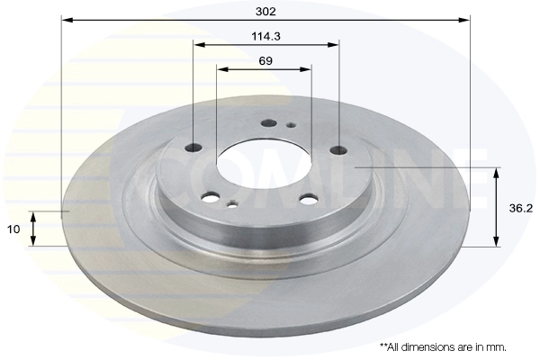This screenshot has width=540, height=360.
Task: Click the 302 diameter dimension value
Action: (265, 11)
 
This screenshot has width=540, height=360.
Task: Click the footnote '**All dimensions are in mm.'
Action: (442, 346)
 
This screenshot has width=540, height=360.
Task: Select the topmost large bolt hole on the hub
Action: (267, 123)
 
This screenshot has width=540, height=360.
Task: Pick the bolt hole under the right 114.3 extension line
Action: (338, 149)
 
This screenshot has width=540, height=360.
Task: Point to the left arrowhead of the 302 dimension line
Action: (66, 19)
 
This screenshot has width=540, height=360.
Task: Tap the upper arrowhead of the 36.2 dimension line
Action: (495, 171)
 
